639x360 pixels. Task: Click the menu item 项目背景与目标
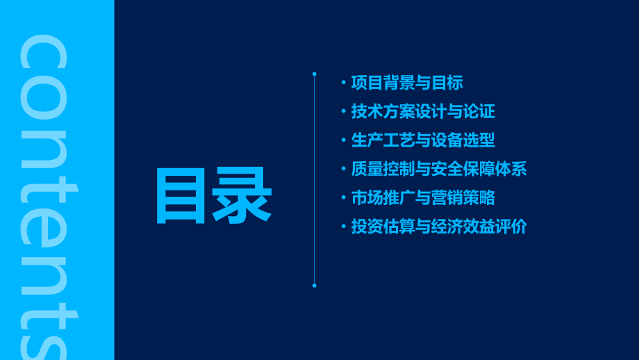click(407, 83)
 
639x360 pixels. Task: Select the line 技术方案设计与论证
click(423, 112)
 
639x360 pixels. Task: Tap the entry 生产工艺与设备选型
click(423, 140)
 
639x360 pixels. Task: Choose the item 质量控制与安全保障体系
click(439, 169)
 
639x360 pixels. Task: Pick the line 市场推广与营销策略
click(423, 198)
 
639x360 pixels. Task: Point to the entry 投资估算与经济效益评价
click(439, 227)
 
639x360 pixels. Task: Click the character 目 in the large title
click(181, 197)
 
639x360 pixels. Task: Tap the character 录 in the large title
click(242, 197)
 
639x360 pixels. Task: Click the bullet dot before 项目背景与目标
click(343, 83)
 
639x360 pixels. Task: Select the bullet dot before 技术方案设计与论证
click(343, 112)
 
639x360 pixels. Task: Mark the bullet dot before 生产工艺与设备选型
click(343, 140)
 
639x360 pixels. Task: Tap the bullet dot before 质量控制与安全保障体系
click(343, 169)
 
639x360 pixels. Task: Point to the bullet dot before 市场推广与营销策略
click(343, 198)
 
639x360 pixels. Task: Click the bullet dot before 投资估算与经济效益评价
click(343, 227)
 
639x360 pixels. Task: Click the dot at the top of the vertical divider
click(314, 74)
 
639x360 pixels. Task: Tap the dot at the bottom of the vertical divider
click(314, 285)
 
